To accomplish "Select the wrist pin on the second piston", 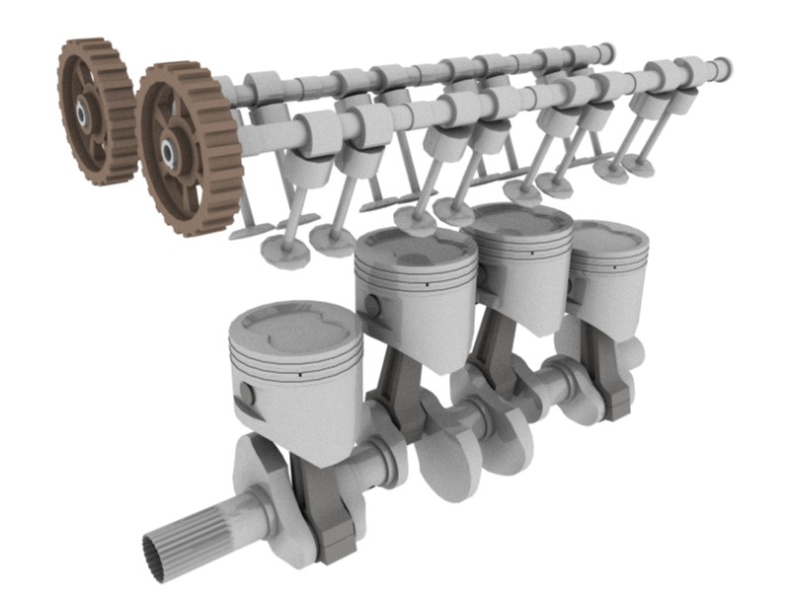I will (372, 306).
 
